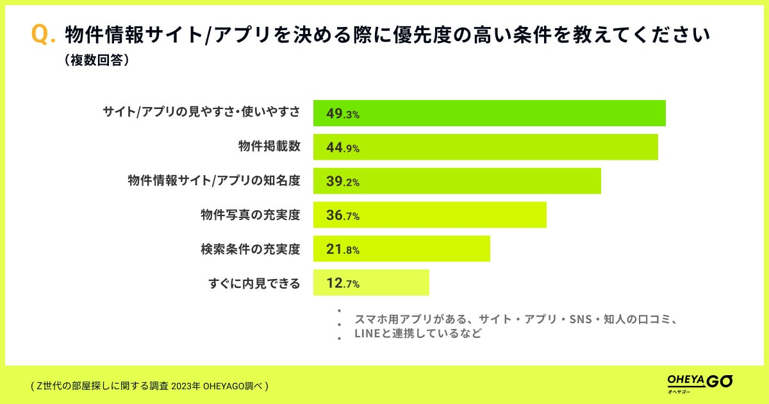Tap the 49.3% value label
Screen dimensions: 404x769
(x=343, y=114)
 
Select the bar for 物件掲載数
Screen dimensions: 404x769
(x=485, y=147)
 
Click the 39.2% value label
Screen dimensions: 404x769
(x=343, y=181)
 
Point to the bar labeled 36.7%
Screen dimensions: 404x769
(x=429, y=215)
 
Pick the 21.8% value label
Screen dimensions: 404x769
(x=343, y=249)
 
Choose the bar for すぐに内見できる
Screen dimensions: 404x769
(x=371, y=283)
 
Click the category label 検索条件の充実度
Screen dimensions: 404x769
(x=250, y=249)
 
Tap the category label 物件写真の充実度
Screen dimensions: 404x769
(x=250, y=215)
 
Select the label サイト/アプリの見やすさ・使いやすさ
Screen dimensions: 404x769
(x=201, y=113)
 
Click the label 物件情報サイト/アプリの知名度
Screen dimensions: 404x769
(x=214, y=181)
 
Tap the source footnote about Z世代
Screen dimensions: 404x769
(x=149, y=386)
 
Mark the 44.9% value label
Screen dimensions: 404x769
(x=343, y=147)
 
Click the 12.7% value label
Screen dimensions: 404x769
(x=343, y=283)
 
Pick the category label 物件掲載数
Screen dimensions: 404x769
(x=269, y=147)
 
